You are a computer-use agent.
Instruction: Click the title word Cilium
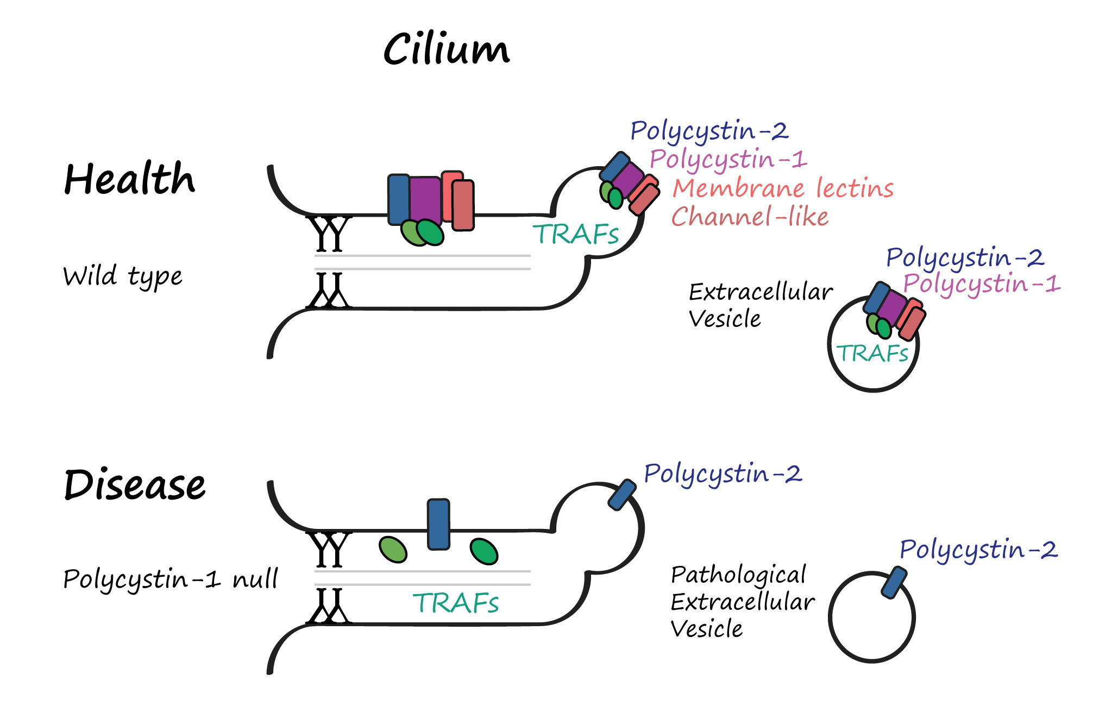[x=446, y=49]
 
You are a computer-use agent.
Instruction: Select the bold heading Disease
[x=135, y=484]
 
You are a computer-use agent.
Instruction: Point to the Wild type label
[x=123, y=276]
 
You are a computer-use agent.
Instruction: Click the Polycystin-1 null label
[x=171, y=579]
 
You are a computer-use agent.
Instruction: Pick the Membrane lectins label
[x=783, y=188]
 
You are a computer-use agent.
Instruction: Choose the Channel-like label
[x=750, y=217]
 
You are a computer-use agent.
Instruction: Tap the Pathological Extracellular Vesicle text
[x=742, y=602]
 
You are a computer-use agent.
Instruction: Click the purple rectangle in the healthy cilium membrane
[x=425, y=199]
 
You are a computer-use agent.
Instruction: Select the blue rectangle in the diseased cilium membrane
[x=438, y=524]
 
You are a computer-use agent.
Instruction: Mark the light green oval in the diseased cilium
[x=393, y=550]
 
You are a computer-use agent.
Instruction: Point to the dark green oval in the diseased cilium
[x=483, y=552]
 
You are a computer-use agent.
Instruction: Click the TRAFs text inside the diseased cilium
[x=455, y=603]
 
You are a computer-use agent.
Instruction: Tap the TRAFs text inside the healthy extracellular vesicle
[x=872, y=354]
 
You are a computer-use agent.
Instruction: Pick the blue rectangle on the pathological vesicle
[x=894, y=582]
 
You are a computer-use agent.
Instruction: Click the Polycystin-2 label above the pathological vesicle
[x=978, y=550]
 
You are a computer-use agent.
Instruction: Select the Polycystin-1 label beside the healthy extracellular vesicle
[x=982, y=284]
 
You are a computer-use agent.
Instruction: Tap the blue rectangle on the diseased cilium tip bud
[x=622, y=494]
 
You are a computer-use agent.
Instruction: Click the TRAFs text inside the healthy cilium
[x=575, y=234]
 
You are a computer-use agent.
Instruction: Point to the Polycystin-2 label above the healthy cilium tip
[x=709, y=131]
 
